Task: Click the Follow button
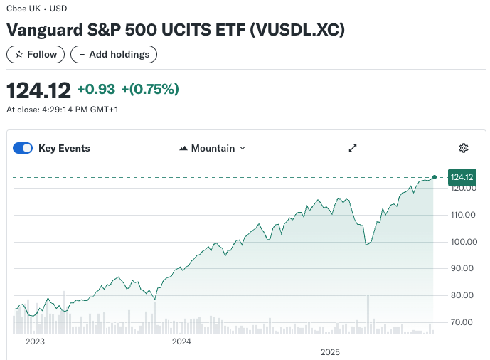[x=36, y=54]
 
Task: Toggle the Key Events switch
[x=23, y=148]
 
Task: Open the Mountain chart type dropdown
[x=213, y=148]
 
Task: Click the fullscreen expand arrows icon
[x=352, y=148]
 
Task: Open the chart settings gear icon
[x=464, y=148]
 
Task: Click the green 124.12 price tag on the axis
[x=462, y=177]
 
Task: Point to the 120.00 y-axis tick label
[x=462, y=189]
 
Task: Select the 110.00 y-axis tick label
[x=462, y=215]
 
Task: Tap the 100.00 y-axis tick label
[x=462, y=242]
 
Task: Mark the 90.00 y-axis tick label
[x=464, y=268]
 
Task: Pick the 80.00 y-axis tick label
[x=464, y=295]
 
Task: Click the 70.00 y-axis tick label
[x=464, y=322]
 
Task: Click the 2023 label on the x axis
[x=35, y=342]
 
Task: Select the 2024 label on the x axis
[x=182, y=342]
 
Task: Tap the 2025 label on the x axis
[x=331, y=352]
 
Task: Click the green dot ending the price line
[x=435, y=176]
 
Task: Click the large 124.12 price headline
[x=39, y=90]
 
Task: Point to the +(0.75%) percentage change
[x=150, y=89]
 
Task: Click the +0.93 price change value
[x=96, y=89]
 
